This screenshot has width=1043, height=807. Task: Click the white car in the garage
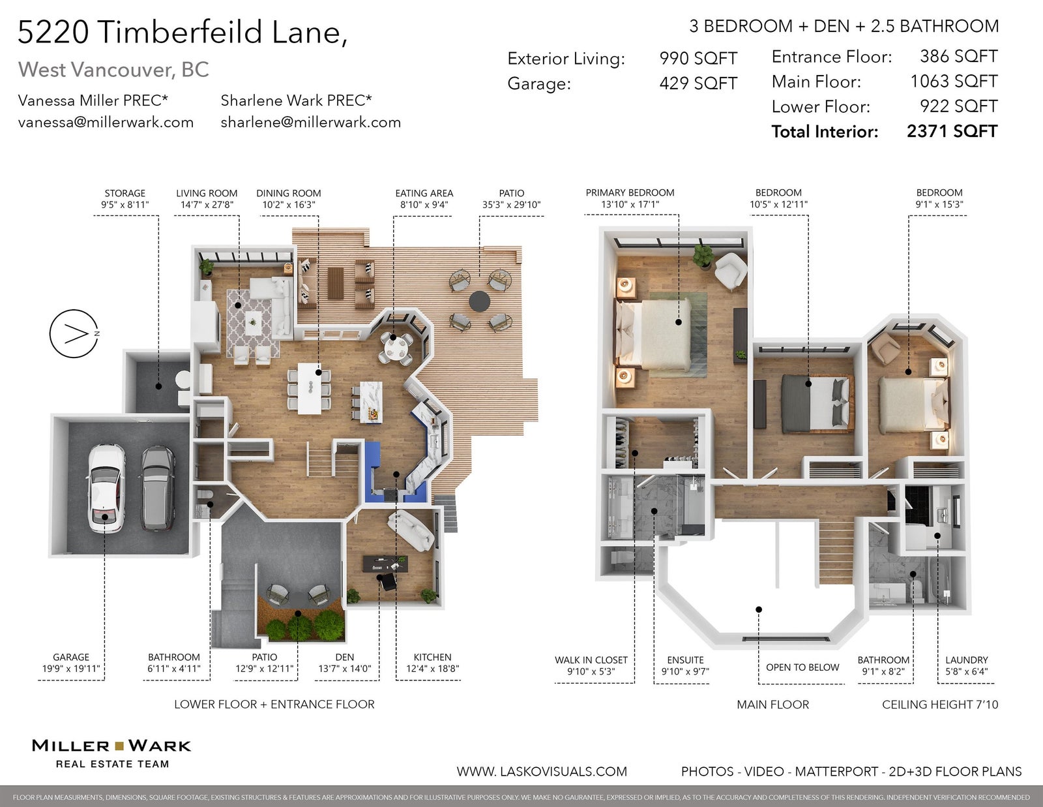click(x=106, y=488)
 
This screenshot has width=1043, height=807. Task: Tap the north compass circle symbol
click(x=74, y=333)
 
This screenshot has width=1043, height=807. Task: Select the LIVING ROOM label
click(x=207, y=193)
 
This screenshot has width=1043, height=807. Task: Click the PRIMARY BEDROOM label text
click(x=630, y=192)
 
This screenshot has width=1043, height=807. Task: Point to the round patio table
click(x=479, y=301)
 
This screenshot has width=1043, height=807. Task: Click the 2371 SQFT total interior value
click(x=952, y=131)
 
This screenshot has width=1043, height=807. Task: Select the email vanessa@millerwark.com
click(x=106, y=123)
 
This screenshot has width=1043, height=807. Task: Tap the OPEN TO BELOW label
click(x=802, y=667)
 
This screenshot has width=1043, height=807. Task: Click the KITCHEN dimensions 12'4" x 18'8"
click(x=432, y=669)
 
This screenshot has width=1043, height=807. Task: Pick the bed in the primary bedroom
click(x=653, y=335)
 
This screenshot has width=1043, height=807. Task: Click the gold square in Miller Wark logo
click(x=119, y=746)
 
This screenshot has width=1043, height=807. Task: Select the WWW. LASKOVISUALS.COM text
click(x=542, y=772)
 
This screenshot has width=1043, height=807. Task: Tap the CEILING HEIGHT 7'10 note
click(x=940, y=705)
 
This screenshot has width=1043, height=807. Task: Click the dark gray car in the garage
click(x=158, y=489)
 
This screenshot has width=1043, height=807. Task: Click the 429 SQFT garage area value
click(x=698, y=84)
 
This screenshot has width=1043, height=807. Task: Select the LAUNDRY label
click(x=966, y=660)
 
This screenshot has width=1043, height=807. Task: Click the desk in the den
click(x=385, y=564)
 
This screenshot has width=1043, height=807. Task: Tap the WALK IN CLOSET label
click(x=591, y=660)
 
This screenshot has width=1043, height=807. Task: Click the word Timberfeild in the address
click(x=181, y=32)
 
